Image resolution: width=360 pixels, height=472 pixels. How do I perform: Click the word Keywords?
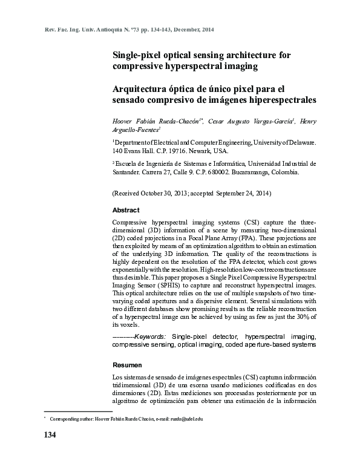[151, 335]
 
